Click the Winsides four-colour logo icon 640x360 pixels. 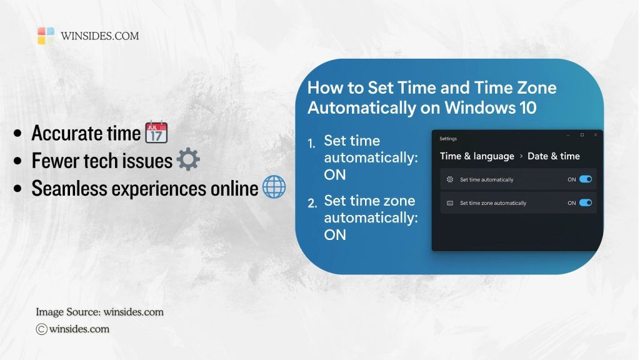pos(46,36)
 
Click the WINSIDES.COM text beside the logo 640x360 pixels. pos(100,36)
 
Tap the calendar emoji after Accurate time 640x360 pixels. pos(156,133)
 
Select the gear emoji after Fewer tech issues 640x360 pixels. pos(188,161)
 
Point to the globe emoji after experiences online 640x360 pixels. pos(274,187)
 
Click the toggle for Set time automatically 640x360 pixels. pos(586,179)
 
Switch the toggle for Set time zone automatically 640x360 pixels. pos(586,202)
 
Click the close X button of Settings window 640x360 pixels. pos(595,135)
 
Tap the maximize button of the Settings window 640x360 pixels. pos(582,135)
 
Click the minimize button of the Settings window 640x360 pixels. pos(568,135)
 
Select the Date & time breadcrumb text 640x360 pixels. pos(554,156)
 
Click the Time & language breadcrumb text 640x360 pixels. pos(477,156)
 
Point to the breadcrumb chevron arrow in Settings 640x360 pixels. pos(521,156)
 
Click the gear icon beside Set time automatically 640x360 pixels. pos(450,179)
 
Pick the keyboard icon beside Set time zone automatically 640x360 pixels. pos(450,203)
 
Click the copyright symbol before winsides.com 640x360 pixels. pos(42,329)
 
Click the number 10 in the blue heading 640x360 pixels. pos(527,107)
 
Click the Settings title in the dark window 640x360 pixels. pos(448,138)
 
